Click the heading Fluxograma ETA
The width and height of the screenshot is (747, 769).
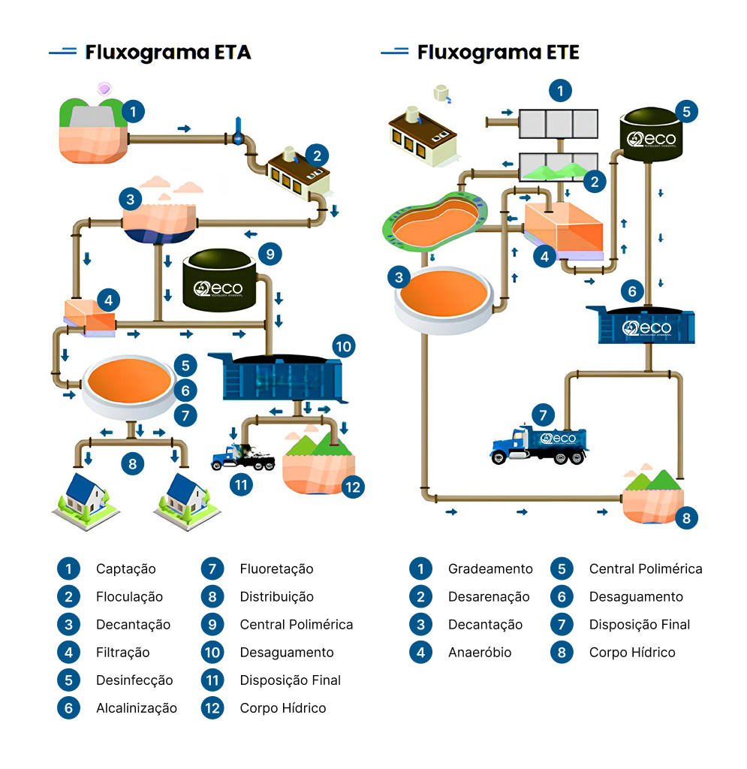pos(167,53)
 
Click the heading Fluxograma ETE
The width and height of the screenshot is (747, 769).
pos(498,53)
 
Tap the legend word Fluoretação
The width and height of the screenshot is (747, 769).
pos(276,569)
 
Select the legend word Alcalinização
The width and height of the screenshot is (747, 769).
pos(136,708)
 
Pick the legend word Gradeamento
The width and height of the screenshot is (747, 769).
pos(490,569)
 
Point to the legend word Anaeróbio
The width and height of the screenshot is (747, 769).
pos(480,653)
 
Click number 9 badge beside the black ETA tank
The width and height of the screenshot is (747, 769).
pos(269,253)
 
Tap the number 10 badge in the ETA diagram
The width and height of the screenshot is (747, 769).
pos(343,346)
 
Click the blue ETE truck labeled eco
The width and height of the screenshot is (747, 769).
pos(539,445)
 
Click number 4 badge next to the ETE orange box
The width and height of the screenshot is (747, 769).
pos(544,256)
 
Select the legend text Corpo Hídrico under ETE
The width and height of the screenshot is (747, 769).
pos(632,653)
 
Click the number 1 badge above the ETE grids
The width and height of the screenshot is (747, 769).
pos(559,92)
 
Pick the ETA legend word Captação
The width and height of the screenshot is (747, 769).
pos(125,569)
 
